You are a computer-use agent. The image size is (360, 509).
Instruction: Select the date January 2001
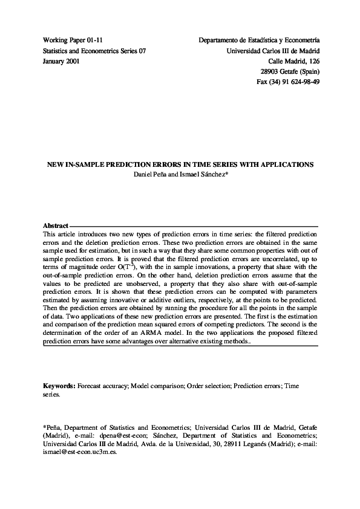click(x=61, y=62)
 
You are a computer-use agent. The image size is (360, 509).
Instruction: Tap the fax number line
click(x=289, y=81)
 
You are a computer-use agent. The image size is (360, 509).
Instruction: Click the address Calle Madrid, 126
click(x=295, y=62)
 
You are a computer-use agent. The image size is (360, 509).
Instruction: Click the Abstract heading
click(x=55, y=225)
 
